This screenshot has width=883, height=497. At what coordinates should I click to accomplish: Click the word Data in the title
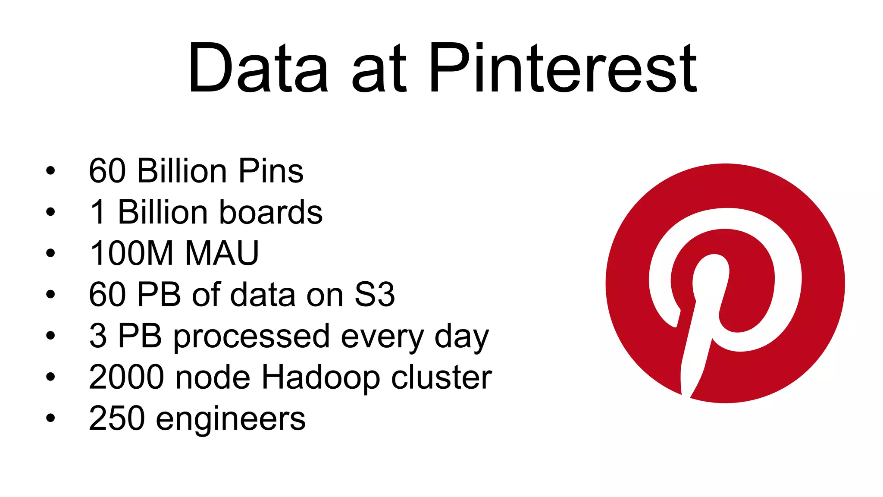pyautogui.click(x=258, y=68)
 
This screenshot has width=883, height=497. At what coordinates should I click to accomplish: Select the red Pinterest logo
pyautogui.click(x=725, y=283)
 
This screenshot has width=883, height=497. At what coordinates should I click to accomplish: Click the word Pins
pyautogui.click(x=271, y=171)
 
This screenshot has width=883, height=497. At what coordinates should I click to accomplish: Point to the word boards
pyautogui.click(x=271, y=212)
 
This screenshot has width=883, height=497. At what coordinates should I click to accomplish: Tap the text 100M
pyautogui.click(x=132, y=253)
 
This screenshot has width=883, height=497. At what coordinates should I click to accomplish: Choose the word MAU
pyautogui.click(x=222, y=253)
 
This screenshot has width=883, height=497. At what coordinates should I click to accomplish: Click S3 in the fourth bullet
pyautogui.click(x=374, y=295)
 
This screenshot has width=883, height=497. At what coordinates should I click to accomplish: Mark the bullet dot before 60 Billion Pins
pyautogui.click(x=50, y=171)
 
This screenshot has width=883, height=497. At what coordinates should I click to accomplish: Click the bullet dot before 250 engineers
pyautogui.click(x=50, y=418)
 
